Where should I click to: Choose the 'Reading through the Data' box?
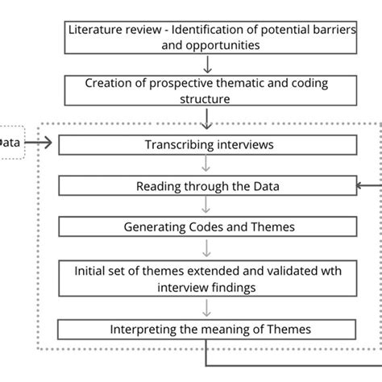click(208, 186)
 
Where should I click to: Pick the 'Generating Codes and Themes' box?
click(208, 227)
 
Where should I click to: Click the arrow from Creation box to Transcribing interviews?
click(208, 120)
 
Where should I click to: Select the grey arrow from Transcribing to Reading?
click(208, 165)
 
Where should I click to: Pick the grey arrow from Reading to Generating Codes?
click(208, 206)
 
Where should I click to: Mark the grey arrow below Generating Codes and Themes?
click(208, 247)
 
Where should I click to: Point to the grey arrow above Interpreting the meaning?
click(208, 309)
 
